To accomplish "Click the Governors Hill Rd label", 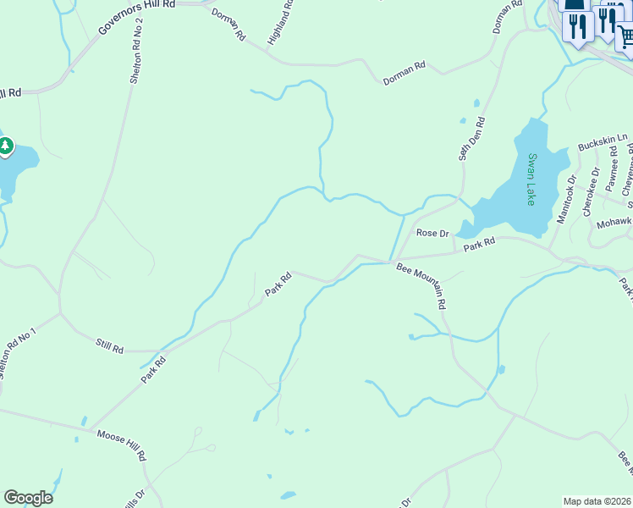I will (136, 17).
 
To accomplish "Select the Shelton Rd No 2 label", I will (137, 51).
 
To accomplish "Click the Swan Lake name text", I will (531, 179).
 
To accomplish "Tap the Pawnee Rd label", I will (614, 167).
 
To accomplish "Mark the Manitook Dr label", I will (566, 200).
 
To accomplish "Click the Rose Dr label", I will (431, 233).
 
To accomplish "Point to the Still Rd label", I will (110, 347).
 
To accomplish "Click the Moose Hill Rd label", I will (122, 444).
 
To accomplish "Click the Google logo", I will (28, 498).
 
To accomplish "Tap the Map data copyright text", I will (597, 500).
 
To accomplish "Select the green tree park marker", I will (6, 147).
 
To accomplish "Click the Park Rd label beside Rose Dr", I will (478, 244).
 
